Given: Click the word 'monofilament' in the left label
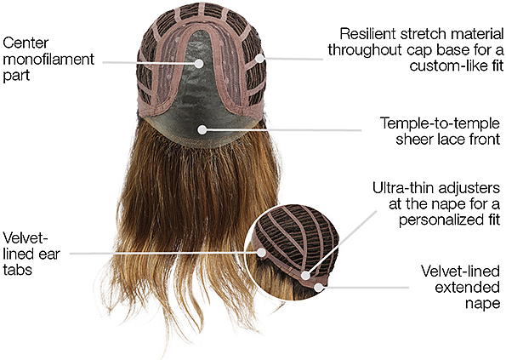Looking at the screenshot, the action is [x=48, y=60].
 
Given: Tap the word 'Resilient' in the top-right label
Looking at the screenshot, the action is [x=367, y=34].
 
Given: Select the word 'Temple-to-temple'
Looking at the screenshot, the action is [x=440, y=123].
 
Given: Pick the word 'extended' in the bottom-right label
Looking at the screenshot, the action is [x=467, y=288].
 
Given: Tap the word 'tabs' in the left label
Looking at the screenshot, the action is [x=17, y=269].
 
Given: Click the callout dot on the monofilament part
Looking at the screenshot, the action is [x=199, y=63].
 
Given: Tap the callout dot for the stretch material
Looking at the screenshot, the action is [x=259, y=59].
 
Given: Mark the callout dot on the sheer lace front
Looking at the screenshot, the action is [x=202, y=130].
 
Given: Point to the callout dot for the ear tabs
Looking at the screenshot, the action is [x=261, y=253].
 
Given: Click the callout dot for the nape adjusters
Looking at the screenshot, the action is [x=305, y=276].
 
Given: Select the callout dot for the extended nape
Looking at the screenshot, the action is [x=319, y=287].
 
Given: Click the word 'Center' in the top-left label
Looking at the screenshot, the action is [x=26, y=43].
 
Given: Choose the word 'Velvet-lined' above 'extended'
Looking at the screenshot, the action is [x=460, y=271].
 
